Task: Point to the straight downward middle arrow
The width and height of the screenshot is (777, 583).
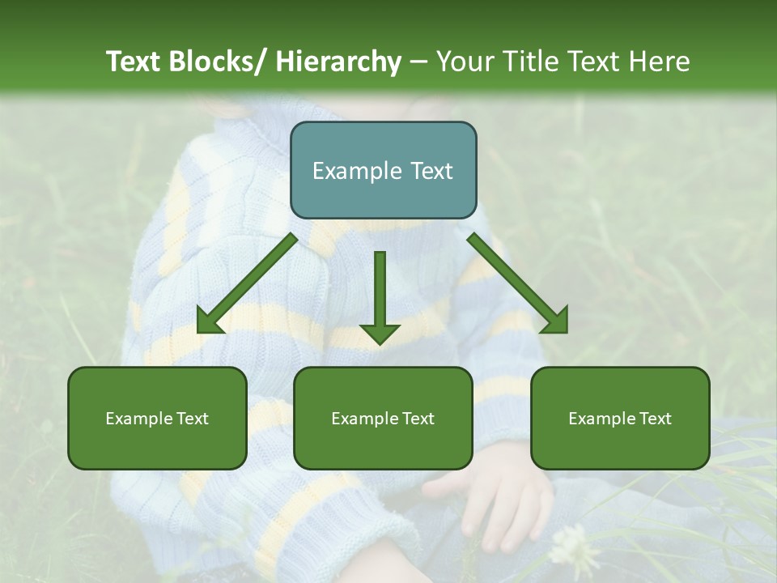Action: coord(380,296)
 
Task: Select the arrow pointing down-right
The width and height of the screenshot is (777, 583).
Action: coord(519,284)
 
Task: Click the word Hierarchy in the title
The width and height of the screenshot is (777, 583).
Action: coord(338,62)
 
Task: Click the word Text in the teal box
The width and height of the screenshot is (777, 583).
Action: coord(430,171)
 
